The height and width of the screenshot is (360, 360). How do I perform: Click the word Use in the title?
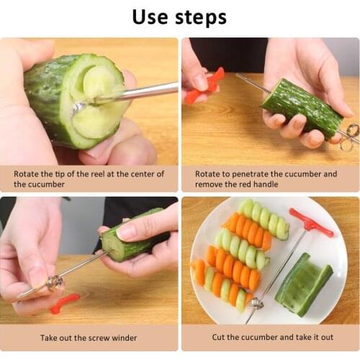154,17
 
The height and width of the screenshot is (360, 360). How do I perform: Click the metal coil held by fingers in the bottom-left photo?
54,282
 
